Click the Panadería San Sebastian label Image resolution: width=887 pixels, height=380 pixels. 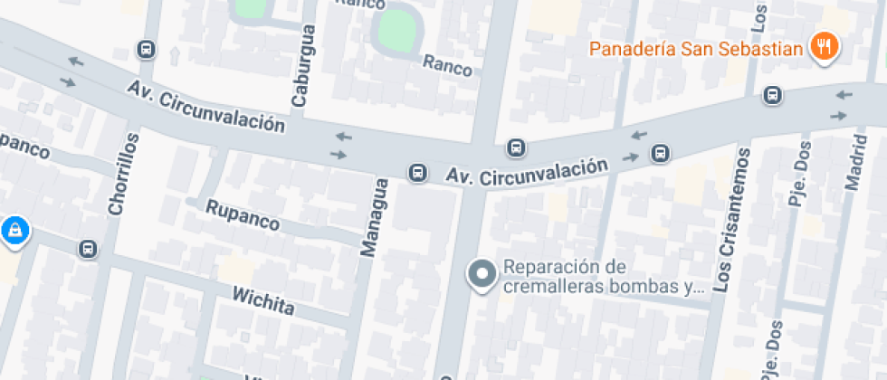696,48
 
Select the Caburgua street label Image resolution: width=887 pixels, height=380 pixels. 306,66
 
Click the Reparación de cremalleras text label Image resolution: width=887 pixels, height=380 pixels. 603,278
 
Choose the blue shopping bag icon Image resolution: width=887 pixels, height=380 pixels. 14,232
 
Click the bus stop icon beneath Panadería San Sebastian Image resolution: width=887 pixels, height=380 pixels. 772,94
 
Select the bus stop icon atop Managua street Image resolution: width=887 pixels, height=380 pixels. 417,172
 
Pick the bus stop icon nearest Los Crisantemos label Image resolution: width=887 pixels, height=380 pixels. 662,153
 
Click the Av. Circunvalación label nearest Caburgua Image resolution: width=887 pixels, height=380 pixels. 205,106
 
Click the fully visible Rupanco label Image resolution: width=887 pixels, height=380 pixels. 243,214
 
